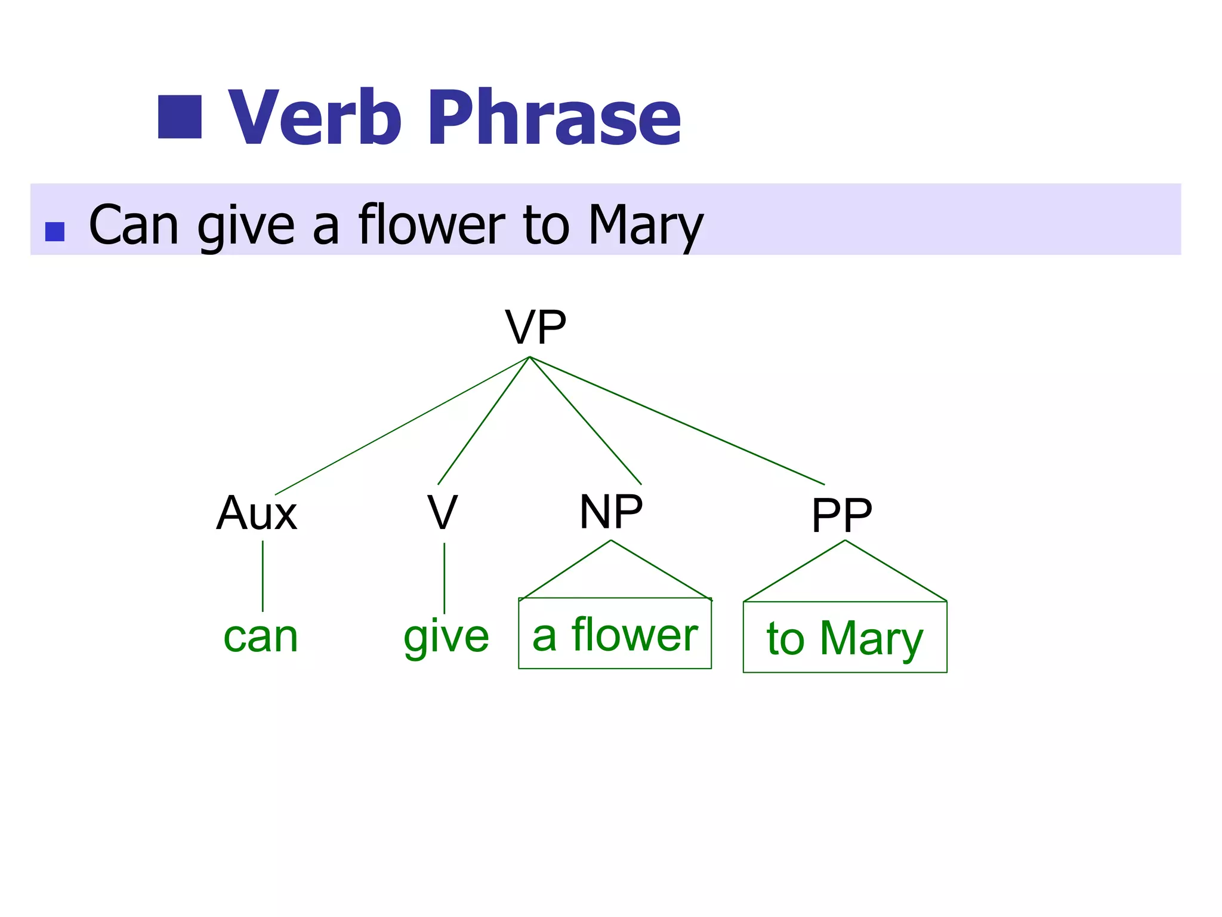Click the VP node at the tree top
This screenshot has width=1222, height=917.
(535, 327)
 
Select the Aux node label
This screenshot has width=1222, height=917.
(257, 513)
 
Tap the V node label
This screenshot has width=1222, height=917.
(442, 513)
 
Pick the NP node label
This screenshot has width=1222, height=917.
(611, 512)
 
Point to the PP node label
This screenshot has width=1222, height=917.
(841, 515)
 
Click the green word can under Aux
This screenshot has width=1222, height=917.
(261, 637)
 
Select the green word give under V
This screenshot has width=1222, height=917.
(446, 637)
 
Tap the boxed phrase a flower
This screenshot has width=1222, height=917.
(615, 634)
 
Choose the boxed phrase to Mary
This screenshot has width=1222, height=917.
(844, 638)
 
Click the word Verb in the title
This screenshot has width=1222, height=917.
(314, 117)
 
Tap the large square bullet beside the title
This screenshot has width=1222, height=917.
(180, 117)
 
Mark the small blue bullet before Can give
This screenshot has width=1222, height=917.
(55, 232)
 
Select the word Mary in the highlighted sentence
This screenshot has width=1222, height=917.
(646, 225)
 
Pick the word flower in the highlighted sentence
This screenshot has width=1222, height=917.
(431, 225)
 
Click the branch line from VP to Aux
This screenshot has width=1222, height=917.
(402, 426)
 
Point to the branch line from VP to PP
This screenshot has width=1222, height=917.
(677, 420)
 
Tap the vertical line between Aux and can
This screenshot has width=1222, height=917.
(263, 576)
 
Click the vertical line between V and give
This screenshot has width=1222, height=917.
(444, 577)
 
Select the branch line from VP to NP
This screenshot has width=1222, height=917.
(585, 420)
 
